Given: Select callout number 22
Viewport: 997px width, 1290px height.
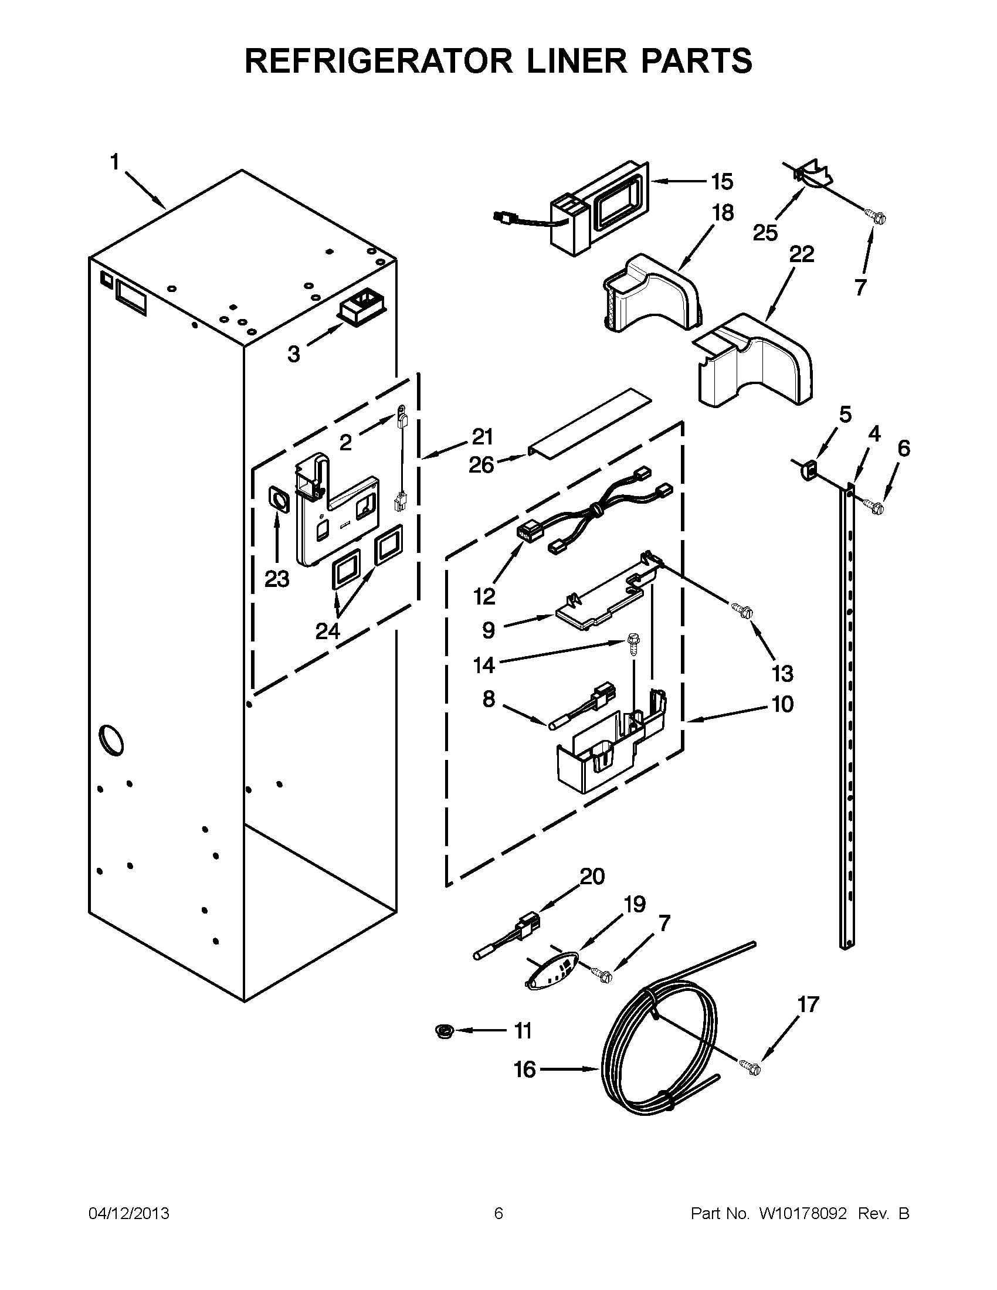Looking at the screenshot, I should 801,254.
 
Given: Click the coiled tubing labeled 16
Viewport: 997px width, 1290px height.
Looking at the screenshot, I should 656,1057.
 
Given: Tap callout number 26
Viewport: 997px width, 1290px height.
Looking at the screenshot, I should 481,466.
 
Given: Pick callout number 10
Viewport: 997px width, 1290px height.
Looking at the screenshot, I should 782,704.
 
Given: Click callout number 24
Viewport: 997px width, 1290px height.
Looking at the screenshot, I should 327,632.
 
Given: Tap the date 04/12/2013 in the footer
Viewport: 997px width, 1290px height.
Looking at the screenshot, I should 129,1213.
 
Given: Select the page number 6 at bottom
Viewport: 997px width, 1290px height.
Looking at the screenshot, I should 498,1213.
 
